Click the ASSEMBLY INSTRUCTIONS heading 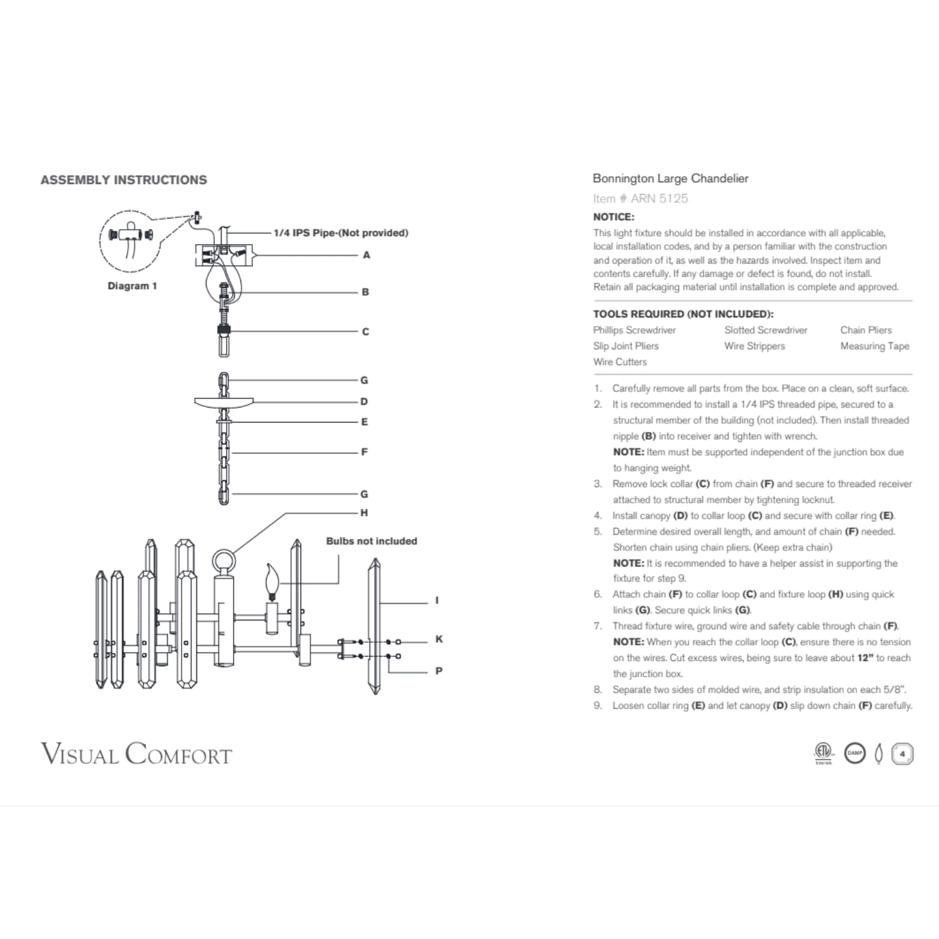(123, 180)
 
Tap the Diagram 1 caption (132, 286)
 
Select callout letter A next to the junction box (366, 255)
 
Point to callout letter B (366, 292)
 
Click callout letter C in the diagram (366, 332)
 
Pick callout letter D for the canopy (364, 402)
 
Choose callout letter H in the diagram (364, 513)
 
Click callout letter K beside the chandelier (439, 639)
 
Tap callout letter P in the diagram (439, 671)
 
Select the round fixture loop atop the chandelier (223, 561)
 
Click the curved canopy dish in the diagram (224, 402)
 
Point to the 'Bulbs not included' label (371, 541)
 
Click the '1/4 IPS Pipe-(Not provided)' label (341, 233)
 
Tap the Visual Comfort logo (136, 754)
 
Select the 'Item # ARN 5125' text (640, 199)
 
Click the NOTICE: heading (613, 217)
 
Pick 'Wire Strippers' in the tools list (754, 346)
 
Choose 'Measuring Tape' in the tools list (875, 346)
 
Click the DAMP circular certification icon (855, 753)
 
